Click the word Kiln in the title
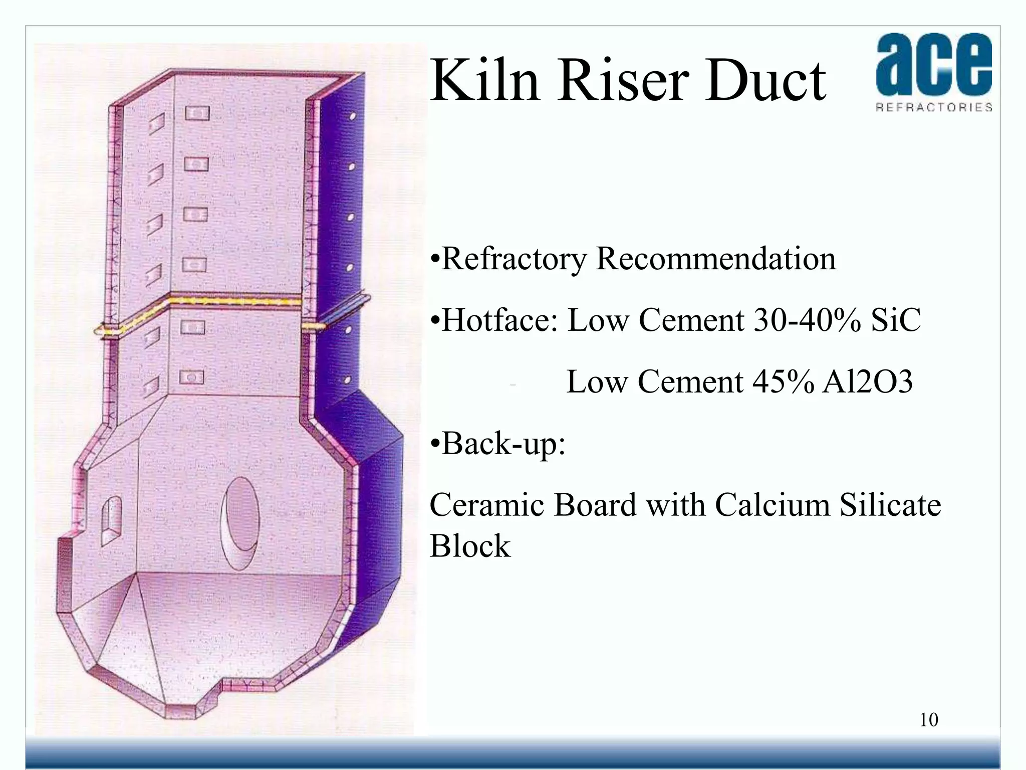[x=485, y=80]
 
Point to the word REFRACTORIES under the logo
[x=934, y=107]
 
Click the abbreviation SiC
[x=895, y=320]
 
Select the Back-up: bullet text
[x=498, y=444]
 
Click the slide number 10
[x=928, y=720]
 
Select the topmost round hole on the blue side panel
[x=352, y=116]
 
